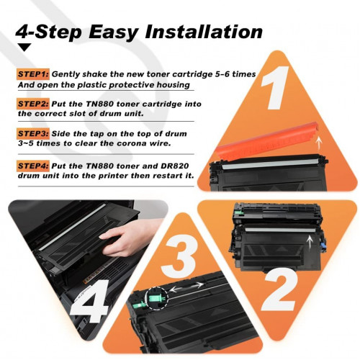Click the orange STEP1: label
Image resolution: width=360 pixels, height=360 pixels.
(33, 74)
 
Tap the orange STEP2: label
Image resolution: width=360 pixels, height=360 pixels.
(33, 104)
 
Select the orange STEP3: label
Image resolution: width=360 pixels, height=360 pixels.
(33, 134)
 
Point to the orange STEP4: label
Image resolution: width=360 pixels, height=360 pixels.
(33, 166)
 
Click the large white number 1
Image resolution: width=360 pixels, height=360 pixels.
(275, 88)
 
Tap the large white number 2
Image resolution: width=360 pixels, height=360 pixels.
(280, 292)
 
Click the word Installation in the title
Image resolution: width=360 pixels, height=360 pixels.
(204, 32)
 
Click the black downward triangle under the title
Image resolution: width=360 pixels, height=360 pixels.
(24, 47)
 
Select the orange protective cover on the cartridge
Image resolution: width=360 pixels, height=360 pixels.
(267, 141)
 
